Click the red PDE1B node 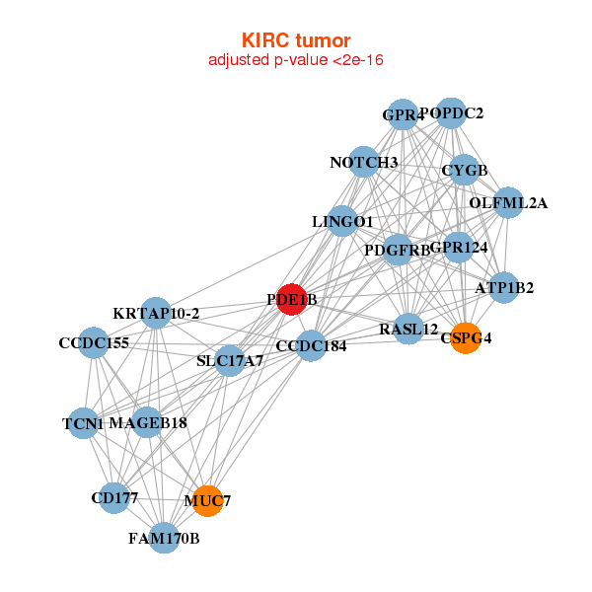coord(291,299)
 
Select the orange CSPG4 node coord(465,338)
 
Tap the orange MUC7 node coord(207,501)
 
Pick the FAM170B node coord(165,538)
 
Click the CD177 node coord(114,497)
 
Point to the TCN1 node coord(84,424)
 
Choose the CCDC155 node coord(93,343)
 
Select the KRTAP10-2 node coord(156,314)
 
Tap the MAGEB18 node coord(147,423)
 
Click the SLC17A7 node coord(229,361)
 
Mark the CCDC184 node coord(311,346)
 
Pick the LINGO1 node coord(342,221)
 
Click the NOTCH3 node coord(363,163)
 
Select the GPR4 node coord(402,115)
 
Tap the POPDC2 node coord(451,113)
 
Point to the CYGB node coord(464,171)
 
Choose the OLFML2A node coord(508,203)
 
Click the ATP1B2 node coord(504,288)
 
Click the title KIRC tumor coord(296,40)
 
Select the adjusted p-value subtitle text coord(296,60)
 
